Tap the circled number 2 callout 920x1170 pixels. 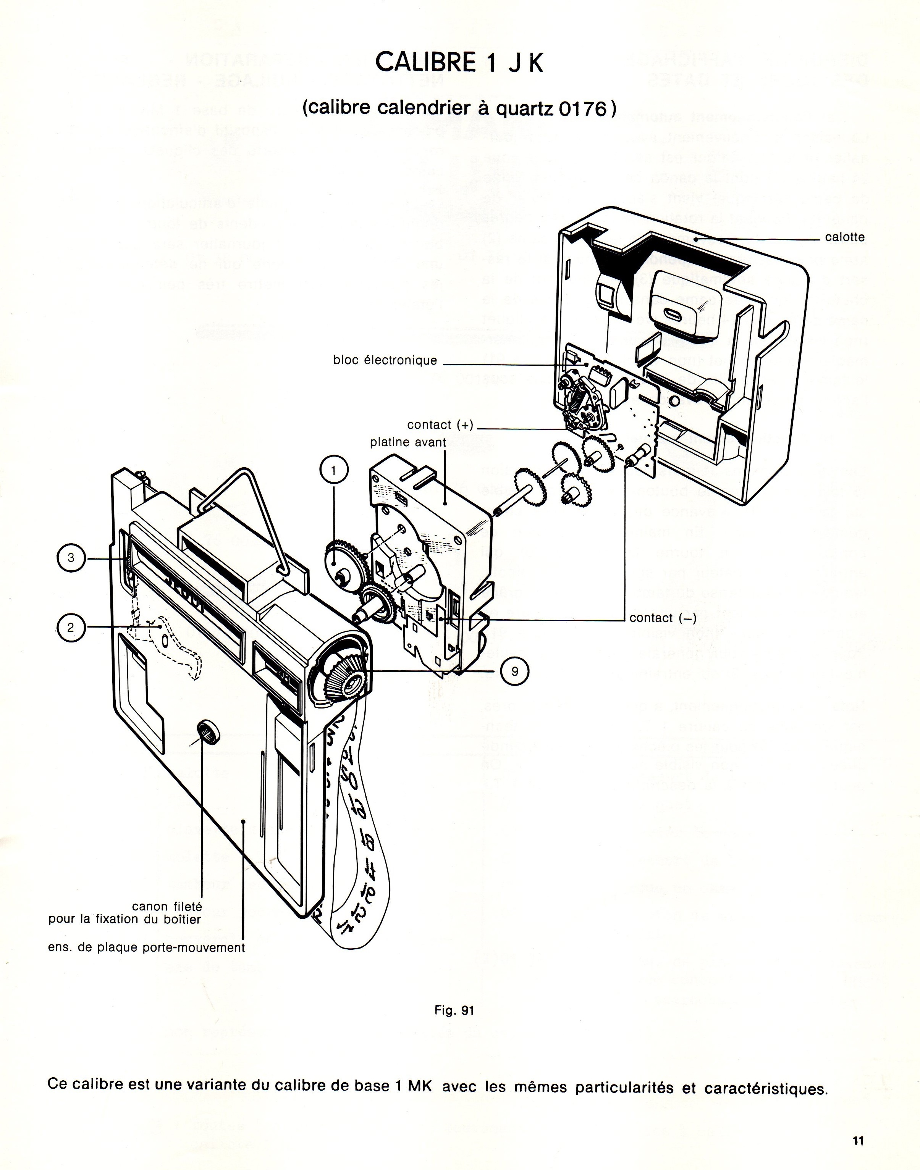click(x=71, y=627)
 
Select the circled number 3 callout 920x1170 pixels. click(x=71, y=558)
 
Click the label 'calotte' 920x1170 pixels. click(x=845, y=237)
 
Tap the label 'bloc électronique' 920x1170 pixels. click(x=385, y=360)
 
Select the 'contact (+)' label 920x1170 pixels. click(x=440, y=425)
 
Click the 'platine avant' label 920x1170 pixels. click(x=408, y=442)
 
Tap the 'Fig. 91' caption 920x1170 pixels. click(x=454, y=1010)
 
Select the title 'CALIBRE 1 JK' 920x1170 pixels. click(x=459, y=63)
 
